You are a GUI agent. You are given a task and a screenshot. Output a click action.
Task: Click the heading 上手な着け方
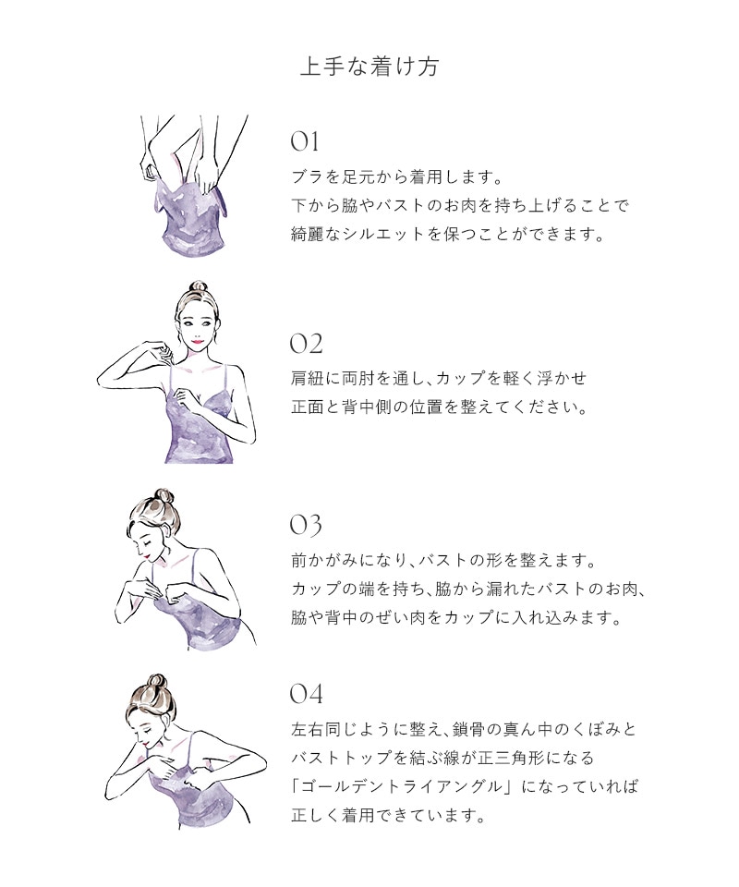[369, 67]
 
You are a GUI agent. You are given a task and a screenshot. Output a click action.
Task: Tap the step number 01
[305, 141]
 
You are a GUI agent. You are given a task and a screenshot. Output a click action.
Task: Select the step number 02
[306, 344]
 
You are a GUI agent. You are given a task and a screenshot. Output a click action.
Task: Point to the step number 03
[306, 525]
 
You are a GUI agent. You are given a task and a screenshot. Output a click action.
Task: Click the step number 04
[306, 694]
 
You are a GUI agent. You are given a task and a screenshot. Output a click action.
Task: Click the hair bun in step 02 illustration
[198, 286]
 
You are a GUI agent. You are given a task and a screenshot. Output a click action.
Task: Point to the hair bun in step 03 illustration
[163, 497]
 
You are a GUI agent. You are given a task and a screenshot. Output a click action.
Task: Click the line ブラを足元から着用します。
[397, 177]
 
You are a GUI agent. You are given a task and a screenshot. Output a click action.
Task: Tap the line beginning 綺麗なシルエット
[448, 234]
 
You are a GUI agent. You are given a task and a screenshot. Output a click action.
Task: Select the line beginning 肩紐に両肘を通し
[439, 378]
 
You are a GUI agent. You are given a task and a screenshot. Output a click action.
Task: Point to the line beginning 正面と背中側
[440, 407]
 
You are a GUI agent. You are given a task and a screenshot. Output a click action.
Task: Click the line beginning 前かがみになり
[443, 561]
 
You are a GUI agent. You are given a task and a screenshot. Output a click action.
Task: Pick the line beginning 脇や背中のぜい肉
[456, 617]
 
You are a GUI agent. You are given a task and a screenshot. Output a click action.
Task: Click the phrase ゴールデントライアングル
[402, 786]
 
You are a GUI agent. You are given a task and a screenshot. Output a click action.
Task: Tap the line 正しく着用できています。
[389, 815]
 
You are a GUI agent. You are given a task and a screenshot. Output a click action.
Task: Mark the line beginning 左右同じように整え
[465, 729]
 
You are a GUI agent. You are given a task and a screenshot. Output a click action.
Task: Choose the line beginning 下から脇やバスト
[460, 205]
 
